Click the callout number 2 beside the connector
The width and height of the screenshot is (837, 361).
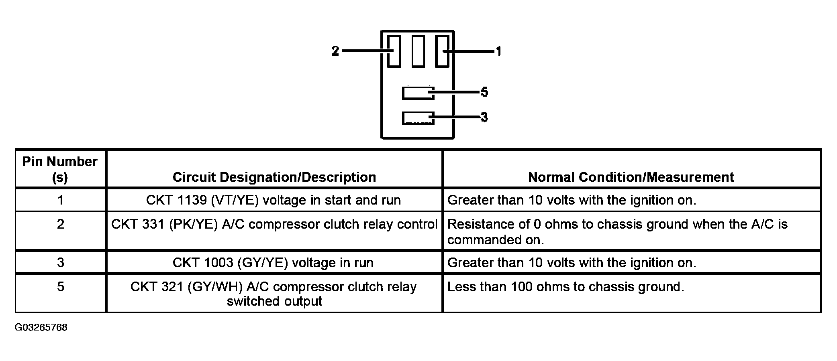point(335,51)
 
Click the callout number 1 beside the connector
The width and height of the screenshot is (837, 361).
point(498,51)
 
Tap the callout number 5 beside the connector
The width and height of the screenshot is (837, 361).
point(484,92)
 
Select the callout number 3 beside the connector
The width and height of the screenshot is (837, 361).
point(484,118)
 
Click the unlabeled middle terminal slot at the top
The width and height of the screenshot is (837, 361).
point(418,51)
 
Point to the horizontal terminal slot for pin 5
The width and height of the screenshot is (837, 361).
point(418,93)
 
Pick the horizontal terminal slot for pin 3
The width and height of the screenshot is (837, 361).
point(418,118)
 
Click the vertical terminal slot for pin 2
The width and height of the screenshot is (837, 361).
point(394,51)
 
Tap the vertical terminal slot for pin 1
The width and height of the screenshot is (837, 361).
point(443,51)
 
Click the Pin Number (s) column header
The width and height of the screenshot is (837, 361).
point(60,169)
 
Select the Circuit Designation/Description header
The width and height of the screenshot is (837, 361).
point(274,177)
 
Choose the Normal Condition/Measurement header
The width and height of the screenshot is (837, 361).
point(631,177)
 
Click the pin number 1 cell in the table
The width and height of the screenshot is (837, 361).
point(61,200)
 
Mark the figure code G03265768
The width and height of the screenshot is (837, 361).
point(41,328)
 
